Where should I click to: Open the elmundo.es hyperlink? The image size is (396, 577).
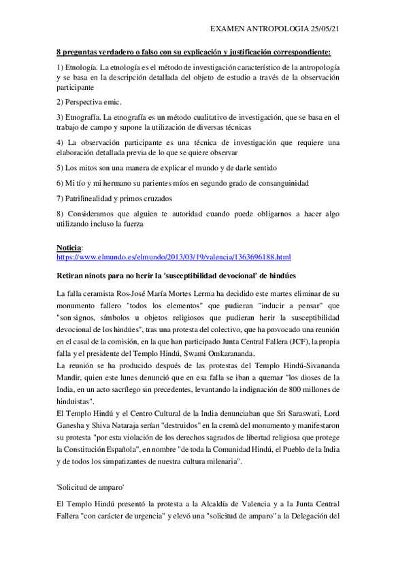click(174, 257)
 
